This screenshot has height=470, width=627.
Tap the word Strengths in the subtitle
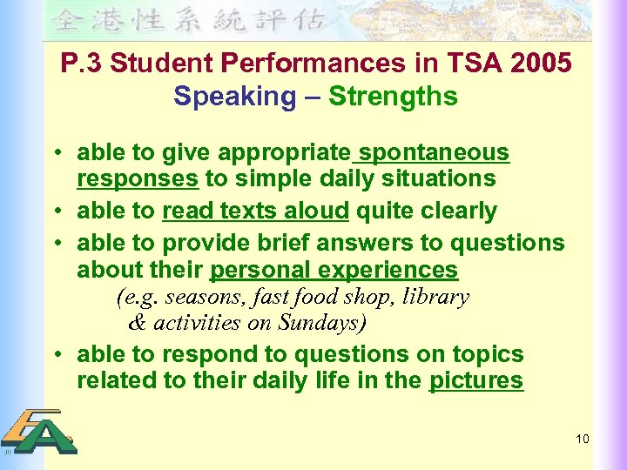[393, 96]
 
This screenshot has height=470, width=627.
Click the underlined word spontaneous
[434, 153]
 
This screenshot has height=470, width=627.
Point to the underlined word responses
[138, 179]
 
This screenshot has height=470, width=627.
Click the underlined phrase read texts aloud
[256, 211]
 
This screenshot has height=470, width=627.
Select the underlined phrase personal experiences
[334, 270]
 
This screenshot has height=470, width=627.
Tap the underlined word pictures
[476, 380]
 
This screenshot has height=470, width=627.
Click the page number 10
[583, 439]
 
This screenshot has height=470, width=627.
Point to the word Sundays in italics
[318, 323]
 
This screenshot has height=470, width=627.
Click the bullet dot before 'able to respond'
[57, 355]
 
